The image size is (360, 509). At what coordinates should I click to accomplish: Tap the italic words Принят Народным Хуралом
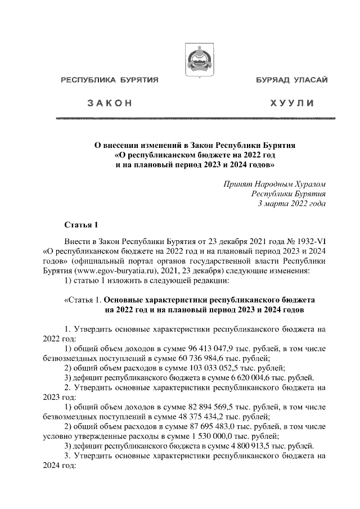click(275, 184)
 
